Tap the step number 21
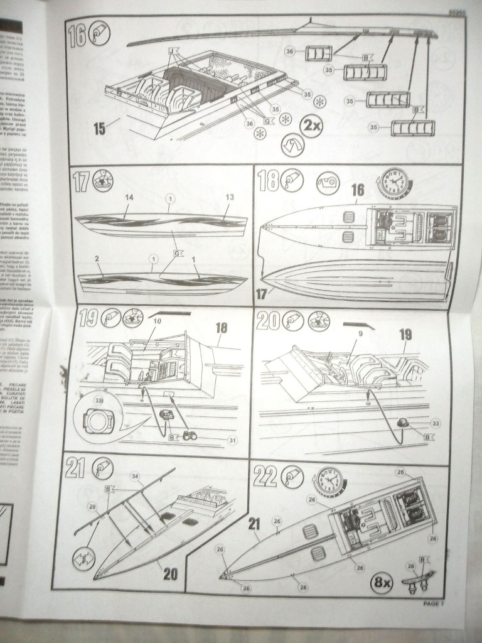tap(76, 468)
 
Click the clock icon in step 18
tap(394, 182)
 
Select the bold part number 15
tap(99, 129)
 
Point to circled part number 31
tap(232, 440)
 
